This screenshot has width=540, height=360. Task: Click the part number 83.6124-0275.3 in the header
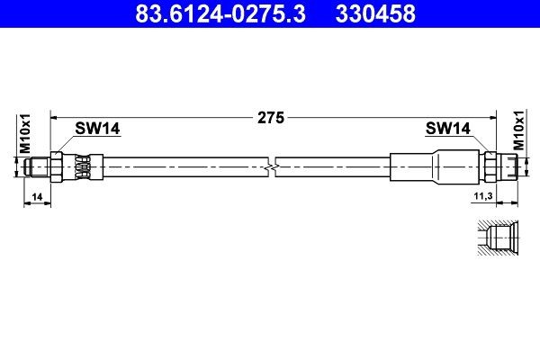(220, 13)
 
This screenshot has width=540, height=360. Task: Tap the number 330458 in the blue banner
(375, 13)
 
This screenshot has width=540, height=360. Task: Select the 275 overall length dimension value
(271, 118)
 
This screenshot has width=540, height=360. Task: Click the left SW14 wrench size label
(97, 129)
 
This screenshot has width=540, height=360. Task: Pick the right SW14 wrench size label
(447, 129)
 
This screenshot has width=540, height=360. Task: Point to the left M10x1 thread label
(25, 134)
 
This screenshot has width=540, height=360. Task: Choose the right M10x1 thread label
(518, 130)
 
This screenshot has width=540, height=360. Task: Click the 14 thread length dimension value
(37, 197)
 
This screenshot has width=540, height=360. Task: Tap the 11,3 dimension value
(483, 196)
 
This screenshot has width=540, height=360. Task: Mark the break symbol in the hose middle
(272, 167)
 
